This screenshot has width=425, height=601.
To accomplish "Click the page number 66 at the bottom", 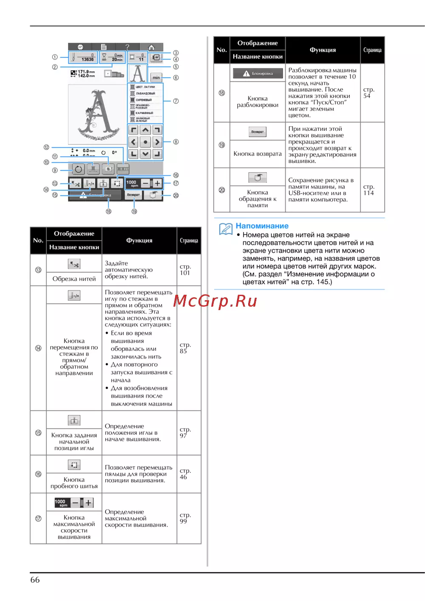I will pyautogui.click(x=35, y=580).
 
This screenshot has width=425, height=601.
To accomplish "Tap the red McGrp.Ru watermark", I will pyautogui.click(x=215, y=301).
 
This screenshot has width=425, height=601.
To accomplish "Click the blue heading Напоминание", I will pyautogui.click(x=262, y=226).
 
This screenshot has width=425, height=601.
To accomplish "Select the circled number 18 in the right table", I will pyautogui.click(x=222, y=93).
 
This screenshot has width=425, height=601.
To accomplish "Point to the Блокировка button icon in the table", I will pyautogui.click(x=258, y=73).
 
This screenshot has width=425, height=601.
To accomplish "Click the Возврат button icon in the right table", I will pyautogui.click(x=258, y=132).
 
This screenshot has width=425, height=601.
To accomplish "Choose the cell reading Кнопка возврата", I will pyautogui.click(x=258, y=154).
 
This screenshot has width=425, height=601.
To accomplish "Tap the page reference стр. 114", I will pyautogui.click(x=368, y=190).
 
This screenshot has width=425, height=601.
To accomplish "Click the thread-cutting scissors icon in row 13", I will pyautogui.click(x=74, y=265).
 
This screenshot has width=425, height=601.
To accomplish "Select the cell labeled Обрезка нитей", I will pyautogui.click(x=74, y=279).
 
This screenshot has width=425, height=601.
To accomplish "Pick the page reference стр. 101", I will pyautogui.click(x=185, y=270).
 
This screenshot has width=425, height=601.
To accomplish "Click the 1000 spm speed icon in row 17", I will pyautogui.click(x=74, y=503).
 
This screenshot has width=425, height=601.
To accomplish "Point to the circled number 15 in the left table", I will pyautogui.click(x=38, y=433).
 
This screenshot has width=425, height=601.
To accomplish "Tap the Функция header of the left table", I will pyautogui.click(x=139, y=240).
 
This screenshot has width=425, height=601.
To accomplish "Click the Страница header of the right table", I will pyautogui.click(x=372, y=50).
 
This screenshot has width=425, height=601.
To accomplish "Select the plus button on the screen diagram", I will pyautogui.click(x=157, y=183).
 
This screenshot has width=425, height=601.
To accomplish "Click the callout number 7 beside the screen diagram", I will pyautogui.click(x=176, y=101).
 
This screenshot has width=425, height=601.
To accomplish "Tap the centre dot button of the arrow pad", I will pyautogui.click(x=145, y=142).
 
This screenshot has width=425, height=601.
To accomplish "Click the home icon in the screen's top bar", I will pyautogui.click(x=151, y=47).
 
